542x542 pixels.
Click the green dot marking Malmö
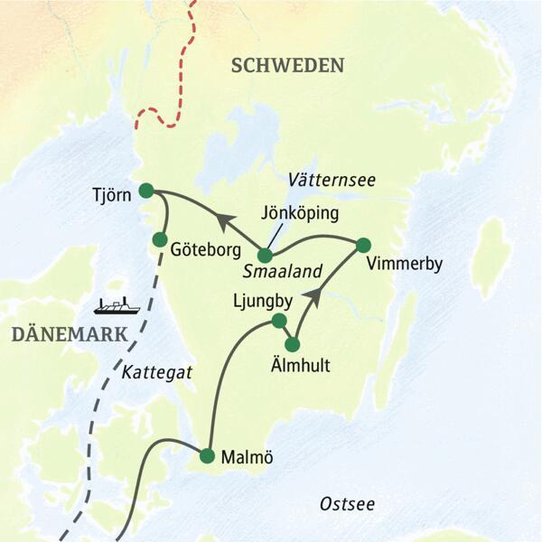207,455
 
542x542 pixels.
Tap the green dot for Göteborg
159,239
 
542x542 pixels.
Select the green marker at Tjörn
145,191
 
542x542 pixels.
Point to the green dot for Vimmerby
363,244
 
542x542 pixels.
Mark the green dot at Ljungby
279,321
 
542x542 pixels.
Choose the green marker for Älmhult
292,344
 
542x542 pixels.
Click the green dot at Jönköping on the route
265,255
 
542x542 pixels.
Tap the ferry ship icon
118,305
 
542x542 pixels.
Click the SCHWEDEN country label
287,66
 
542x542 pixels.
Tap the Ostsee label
347,504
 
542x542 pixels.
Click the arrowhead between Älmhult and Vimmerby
313,294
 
